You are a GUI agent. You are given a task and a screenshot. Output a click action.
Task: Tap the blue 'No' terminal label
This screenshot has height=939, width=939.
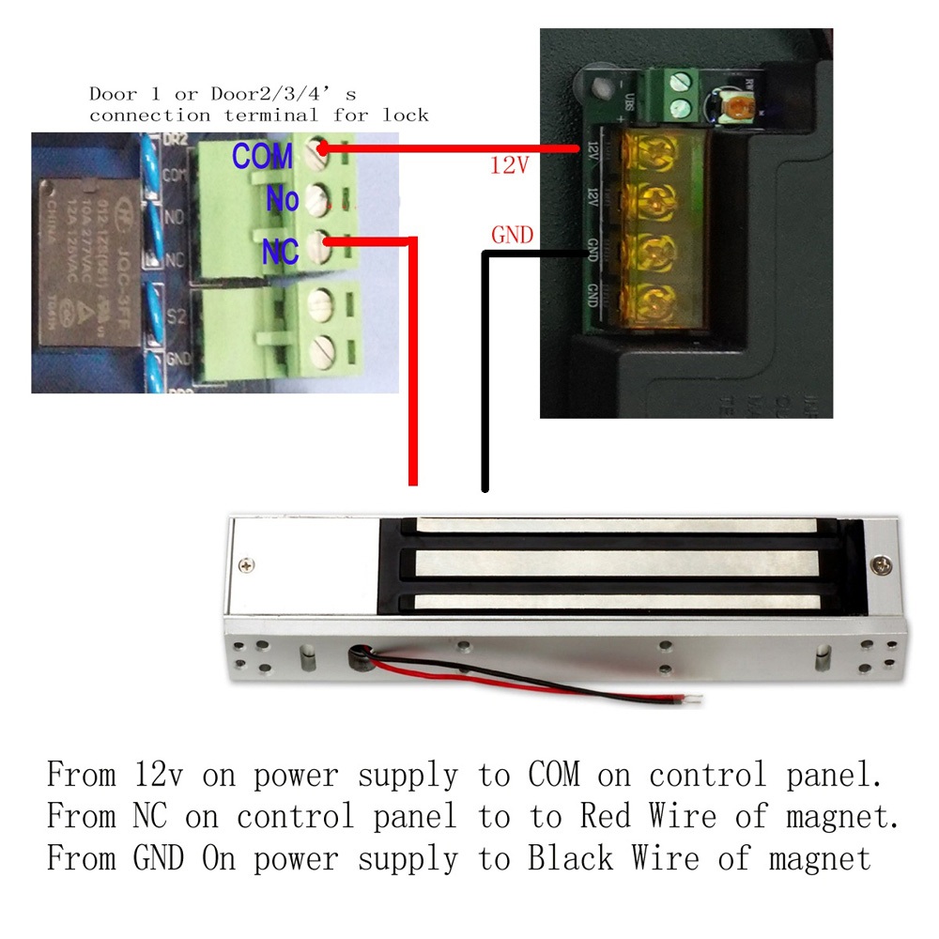point(283,199)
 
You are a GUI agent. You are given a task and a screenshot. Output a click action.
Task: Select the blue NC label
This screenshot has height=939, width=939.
point(281,251)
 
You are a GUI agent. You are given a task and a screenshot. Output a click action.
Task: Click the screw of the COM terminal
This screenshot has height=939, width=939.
point(319,148)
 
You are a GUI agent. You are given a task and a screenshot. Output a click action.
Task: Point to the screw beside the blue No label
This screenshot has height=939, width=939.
point(320,196)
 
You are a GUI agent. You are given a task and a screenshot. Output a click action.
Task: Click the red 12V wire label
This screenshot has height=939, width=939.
point(510,165)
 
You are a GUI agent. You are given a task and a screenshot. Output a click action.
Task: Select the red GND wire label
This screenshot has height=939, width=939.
point(512,236)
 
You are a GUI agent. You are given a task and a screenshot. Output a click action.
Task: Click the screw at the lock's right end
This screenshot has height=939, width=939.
point(883,565)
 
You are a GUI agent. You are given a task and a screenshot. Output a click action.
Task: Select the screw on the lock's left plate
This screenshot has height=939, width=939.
point(246,565)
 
